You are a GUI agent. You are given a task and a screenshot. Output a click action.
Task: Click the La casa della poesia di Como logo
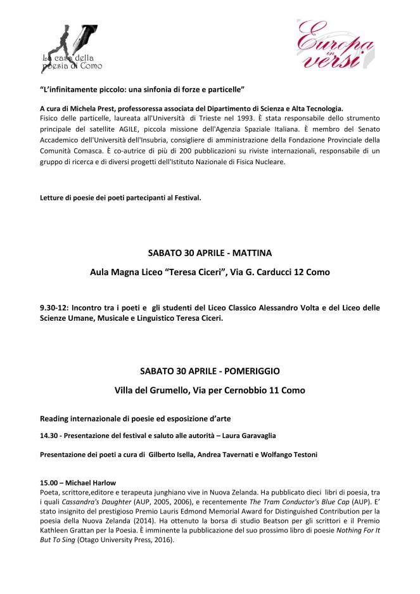[69, 47]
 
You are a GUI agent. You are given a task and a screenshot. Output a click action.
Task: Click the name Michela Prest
[93, 109]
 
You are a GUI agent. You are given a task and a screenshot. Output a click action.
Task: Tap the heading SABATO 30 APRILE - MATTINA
[210, 253]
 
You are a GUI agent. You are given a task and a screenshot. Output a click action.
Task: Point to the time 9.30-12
[54, 309]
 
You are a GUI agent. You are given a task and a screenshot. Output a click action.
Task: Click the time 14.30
[49, 437]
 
